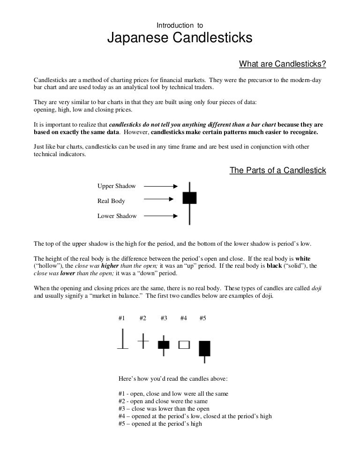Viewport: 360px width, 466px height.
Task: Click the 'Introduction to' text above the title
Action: point(180,25)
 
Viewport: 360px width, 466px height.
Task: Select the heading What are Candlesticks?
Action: point(282,64)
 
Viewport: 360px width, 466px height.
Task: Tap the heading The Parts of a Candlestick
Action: point(277,170)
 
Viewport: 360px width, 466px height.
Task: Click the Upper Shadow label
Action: point(116,186)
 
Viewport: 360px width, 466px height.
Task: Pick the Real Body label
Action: point(111,201)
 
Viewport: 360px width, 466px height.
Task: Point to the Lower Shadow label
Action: point(117,216)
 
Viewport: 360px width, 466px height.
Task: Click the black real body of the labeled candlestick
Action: point(189,198)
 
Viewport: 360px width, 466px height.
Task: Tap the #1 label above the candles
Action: point(121,318)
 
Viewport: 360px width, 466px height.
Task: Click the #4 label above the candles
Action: point(183,318)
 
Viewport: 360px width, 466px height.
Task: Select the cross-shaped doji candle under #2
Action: point(143,341)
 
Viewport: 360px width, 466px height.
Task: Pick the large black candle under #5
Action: point(204,348)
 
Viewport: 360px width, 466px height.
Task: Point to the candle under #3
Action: point(163,345)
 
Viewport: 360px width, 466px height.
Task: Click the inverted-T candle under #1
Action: point(122,340)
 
